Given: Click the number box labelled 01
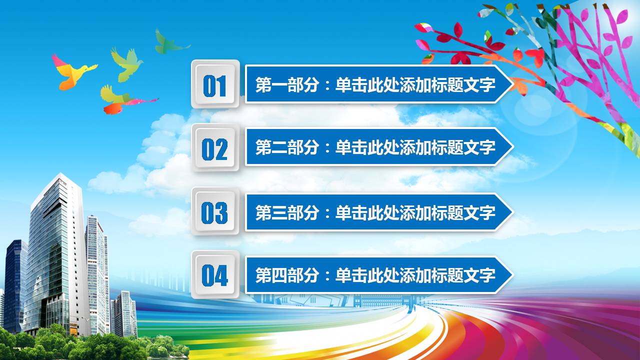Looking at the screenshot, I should pyautogui.click(x=215, y=84).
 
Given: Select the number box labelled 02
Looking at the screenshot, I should pyautogui.click(x=215, y=148).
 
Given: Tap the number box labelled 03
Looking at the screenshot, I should pyautogui.click(x=215, y=212).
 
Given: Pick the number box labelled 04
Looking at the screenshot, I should pyautogui.click(x=215, y=275).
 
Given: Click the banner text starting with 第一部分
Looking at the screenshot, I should pyautogui.click(x=375, y=84).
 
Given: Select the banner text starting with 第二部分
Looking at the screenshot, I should pyautogui.click(x=375, y=147).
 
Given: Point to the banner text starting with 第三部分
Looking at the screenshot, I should pyautogui.click(x=375, y=212).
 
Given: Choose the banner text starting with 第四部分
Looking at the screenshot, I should pyautogui.click(x=375, y=275).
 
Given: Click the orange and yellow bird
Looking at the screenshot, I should pyautogui.click(x=72, y=71).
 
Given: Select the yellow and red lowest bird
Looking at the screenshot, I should pyautogui.click(x=120, y=100).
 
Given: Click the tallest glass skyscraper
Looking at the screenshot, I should pyautogui.click(x=52, y=250).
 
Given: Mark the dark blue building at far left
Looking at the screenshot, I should pyautogui.click(x=15, y=285).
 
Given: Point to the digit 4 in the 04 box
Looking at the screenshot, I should pyautogui.click(x=221, y=275).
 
